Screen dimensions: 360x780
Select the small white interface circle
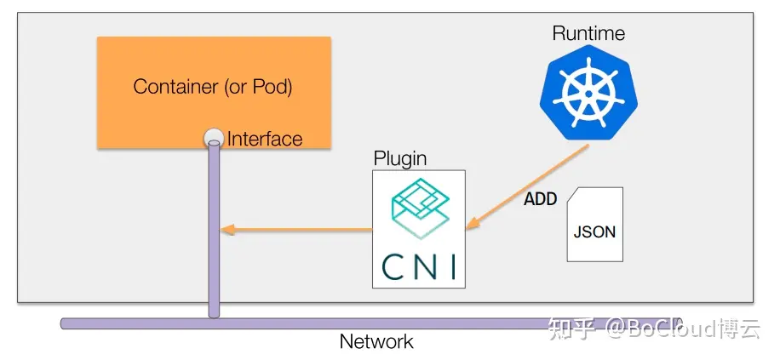point(213,138)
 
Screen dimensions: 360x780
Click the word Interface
point(265,139)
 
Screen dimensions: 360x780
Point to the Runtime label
point(588,34)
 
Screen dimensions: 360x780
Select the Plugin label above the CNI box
point(400,159)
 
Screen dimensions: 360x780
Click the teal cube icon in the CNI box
point(418,209)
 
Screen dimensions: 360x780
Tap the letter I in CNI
point(451,266)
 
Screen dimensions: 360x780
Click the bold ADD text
point(540,199)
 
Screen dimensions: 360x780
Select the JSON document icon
point(595,225)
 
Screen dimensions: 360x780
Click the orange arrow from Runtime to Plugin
point(528,186)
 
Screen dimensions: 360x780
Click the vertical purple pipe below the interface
point(213,230)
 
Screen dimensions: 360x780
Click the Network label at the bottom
point(376,342)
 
